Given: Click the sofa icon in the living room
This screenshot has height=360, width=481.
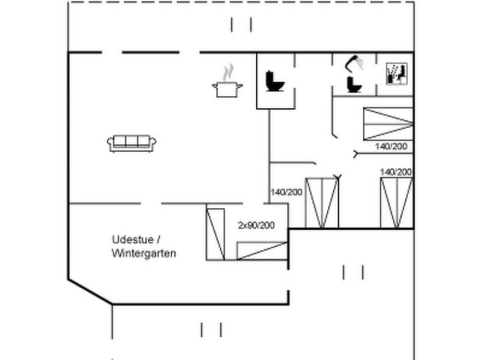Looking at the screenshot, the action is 131,143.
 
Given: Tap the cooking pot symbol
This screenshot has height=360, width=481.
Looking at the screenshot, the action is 227,89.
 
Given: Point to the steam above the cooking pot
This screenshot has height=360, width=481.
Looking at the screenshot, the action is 228,72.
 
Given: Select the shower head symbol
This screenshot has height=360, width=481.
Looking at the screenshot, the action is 354,63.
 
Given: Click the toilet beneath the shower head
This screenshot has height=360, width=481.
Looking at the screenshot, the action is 354,84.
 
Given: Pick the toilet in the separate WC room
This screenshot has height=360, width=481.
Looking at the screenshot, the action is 275,81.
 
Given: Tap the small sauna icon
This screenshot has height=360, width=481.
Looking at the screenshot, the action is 397,73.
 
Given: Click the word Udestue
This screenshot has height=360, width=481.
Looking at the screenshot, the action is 133,239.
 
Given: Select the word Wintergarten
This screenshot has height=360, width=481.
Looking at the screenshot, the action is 144,253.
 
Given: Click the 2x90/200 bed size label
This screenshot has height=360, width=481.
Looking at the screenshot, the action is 256,225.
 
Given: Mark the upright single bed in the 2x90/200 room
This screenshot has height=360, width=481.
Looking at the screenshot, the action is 215,234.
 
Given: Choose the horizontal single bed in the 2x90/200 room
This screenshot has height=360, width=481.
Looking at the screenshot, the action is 262,251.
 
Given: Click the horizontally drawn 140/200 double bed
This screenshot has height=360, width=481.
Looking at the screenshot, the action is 388,124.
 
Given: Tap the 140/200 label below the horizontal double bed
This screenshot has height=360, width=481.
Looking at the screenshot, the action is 392,147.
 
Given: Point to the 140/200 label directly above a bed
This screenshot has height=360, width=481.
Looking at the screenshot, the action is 396,172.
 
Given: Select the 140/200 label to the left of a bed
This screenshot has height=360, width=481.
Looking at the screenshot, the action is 286,192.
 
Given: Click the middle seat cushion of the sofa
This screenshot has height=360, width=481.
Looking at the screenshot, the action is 131,141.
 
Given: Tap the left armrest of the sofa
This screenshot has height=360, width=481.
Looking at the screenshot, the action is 110,143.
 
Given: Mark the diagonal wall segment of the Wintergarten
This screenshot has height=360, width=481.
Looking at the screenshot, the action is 90,291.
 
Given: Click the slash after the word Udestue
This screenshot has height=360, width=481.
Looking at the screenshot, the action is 158,239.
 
